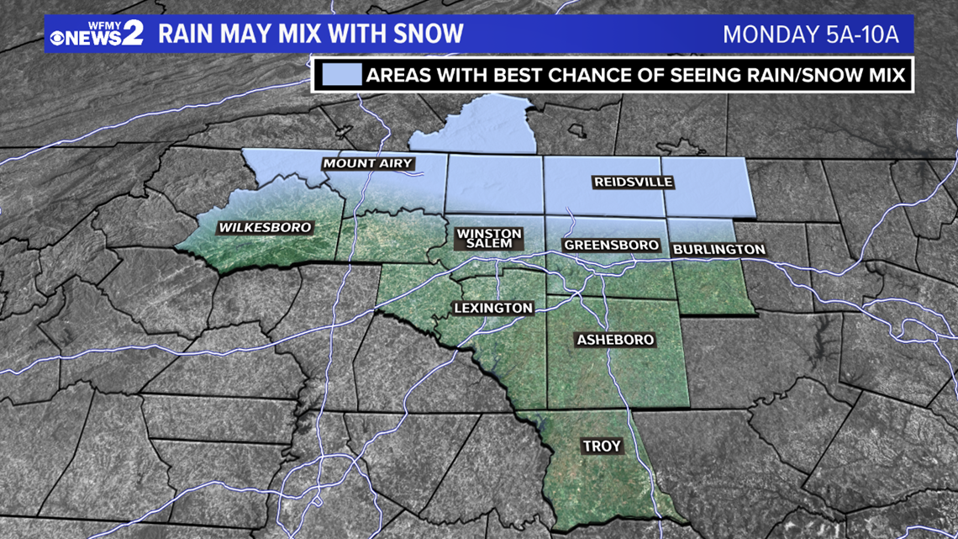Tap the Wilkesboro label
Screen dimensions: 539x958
tap(265, 227)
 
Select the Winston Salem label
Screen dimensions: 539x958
tap(489, 238)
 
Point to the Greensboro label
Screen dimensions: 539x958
tap(611, 245)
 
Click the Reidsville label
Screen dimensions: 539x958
tap(634, 182)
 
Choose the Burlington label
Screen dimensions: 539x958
tap(719, 249)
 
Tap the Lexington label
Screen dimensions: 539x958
tap(493, 308)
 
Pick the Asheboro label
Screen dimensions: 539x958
tap(615, 340)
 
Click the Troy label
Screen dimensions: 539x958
tap(602, 447)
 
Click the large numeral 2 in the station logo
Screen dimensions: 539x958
tap(133, 33)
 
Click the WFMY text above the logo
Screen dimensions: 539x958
tap(94, 20)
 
